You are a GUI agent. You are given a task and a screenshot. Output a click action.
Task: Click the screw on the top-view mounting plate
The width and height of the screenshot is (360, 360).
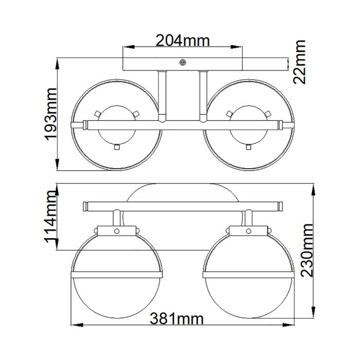[x=182, y=62]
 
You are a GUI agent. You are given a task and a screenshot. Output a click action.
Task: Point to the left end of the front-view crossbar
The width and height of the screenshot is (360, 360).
[x=86, y=207]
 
